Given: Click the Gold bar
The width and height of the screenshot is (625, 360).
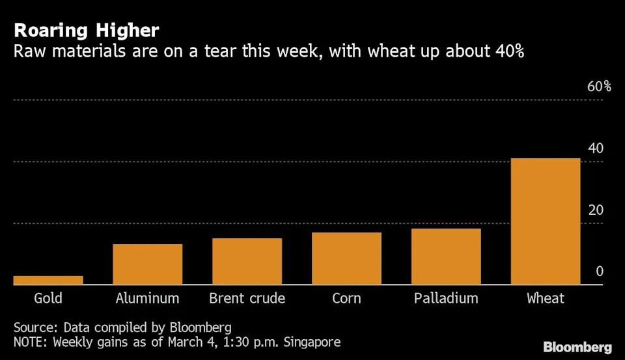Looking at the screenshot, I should pyautogui.click(x=48, y=280).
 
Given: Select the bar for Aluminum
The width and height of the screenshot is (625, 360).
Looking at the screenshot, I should pyautogui.click(x=148, y=264).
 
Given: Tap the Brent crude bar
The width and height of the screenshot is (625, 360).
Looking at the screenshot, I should pyautogui.click(x=247, y=261).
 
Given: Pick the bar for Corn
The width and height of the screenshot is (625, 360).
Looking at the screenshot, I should pyautogui.click(x=346, y=258).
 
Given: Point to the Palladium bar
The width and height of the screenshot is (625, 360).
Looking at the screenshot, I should pyautogui.click(x=446, y=256).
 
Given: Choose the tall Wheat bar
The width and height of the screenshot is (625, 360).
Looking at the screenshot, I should pyautogui.click(x=546, y=221).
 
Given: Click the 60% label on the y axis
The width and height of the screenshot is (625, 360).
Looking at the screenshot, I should pyautogui.click(x=599, y=87).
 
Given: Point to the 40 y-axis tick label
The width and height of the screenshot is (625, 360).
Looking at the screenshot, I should pyautogui.click(x=596, y=148).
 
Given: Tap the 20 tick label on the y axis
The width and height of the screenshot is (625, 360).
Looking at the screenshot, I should pyautogui.click(x=596, y=210).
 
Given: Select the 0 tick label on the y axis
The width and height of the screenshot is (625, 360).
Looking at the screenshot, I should pyautogui.click(x=600, y=271).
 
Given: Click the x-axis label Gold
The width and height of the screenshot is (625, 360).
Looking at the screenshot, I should pyautogui.click(x=48, y=298).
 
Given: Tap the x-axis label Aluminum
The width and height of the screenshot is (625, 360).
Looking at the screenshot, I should pyautogui.click(x=147, y=298).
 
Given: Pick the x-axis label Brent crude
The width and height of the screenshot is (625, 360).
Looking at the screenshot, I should pyautogui.click(x=247, y=298).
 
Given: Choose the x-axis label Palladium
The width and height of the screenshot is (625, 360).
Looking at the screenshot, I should pyautogui.click(x=446, y=298).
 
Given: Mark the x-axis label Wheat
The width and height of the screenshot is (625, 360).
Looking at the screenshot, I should pyautogui.click(x=546, y=298).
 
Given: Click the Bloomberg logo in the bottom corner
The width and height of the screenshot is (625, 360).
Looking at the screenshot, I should pyautogui.click(x=577, y=346).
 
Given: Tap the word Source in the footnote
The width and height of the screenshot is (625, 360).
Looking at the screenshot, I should pyautogui.click(x=32, y=327).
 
